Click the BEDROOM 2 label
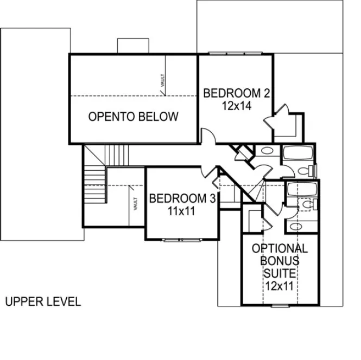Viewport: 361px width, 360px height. pyautogui.click(x=236, y=93)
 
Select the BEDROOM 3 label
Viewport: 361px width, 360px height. pyautogui.click(x=179, y=198)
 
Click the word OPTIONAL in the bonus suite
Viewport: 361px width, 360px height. pyautogui.click(x=280, y=249)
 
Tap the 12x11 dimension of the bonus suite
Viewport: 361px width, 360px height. pyautogui.click(x=280, y=285)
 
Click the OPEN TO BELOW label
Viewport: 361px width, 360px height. pyautogui.click(x=133, y=117)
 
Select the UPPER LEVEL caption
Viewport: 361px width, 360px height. pyautogui.click(x=43, y=302)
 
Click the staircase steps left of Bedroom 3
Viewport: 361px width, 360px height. pyautogui.click(x=94, y=184)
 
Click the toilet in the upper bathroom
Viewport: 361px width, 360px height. pyautogui.click(x=308, y=171)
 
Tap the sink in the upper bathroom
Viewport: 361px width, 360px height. pyautogui.click(x=267, y=152)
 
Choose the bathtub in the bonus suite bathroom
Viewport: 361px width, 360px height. pyautogui.click(x=301, y=190)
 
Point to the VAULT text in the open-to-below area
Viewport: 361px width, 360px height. pyautogui.click(x=162, y=81)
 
